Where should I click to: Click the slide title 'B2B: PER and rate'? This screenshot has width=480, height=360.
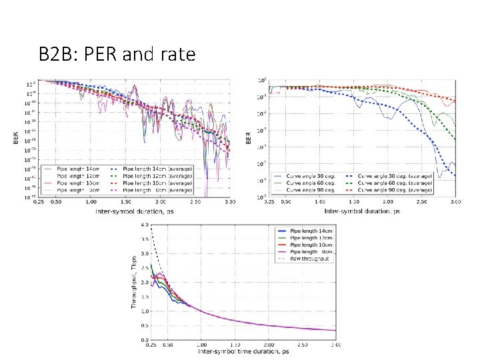point(117,55)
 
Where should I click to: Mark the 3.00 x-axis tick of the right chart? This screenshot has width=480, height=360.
point(455,201)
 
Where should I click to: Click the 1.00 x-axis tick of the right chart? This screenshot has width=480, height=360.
point(320,201)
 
